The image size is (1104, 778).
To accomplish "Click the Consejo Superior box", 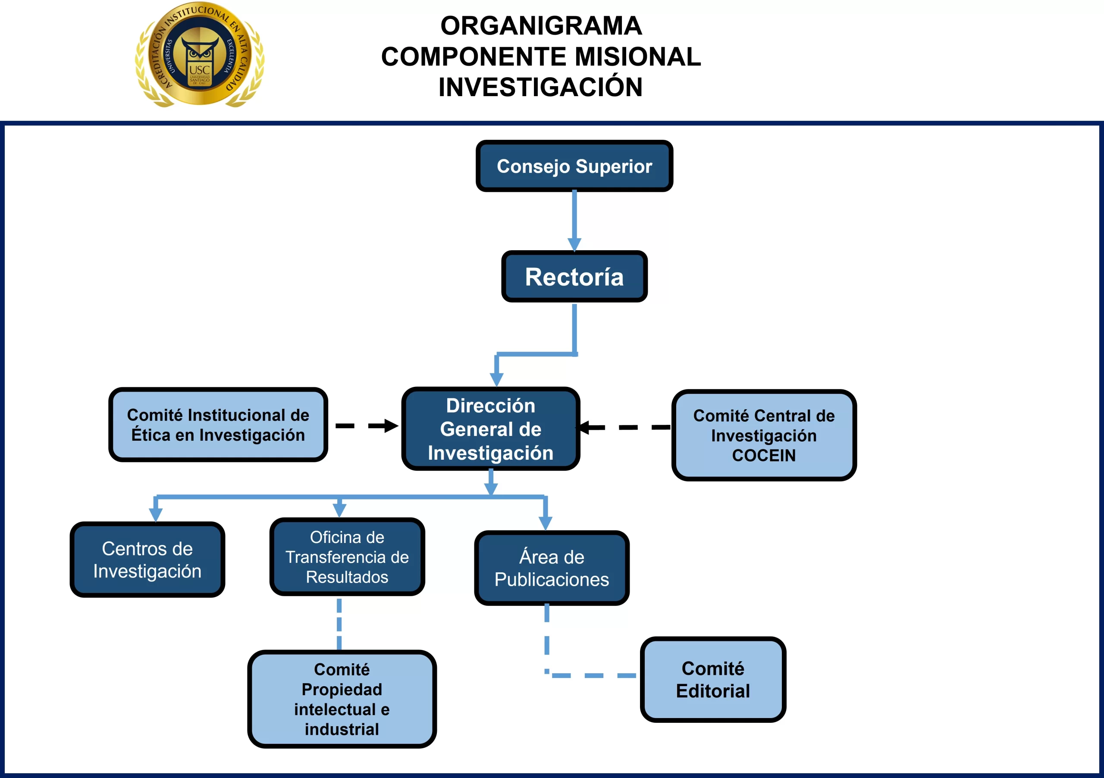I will click(x=574, y=166).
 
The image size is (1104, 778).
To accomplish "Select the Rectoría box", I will click(x=574, y=276).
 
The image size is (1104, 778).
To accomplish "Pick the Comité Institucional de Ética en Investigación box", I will click(x=218, y=425).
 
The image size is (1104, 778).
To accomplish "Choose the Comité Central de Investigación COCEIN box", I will click(x=764, y=435).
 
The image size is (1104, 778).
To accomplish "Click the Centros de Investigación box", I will click(x=147, y=559).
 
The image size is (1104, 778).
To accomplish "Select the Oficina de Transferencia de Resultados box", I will click(x=347, y=556).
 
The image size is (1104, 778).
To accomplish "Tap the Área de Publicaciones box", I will click(x=552, y=568).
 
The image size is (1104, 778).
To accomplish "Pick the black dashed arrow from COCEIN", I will click(x=625, y=427).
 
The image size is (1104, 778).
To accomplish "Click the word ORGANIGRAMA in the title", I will click(x=541, y=25).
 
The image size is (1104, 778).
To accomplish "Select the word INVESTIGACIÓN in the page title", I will click(x=540, y=87).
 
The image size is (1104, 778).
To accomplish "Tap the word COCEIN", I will click(x=764, y=455).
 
